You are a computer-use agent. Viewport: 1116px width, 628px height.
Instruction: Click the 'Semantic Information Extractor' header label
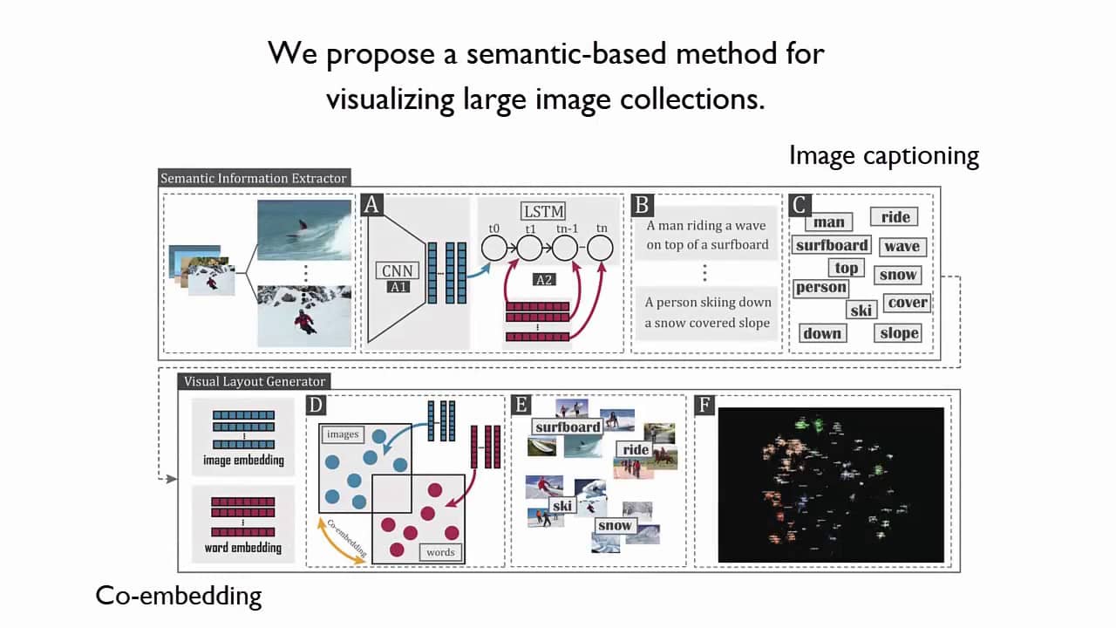(x=254, y=178)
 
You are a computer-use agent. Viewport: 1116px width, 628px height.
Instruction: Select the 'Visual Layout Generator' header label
(x=255, y=381)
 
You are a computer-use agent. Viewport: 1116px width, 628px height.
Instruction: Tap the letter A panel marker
(x=372, y=205)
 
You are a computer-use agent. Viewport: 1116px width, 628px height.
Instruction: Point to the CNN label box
(x=396, y=270)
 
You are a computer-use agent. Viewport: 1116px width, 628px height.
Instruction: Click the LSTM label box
(x=543, y=211)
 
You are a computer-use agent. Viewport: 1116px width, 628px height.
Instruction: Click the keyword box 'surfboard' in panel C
(x=832, y=245)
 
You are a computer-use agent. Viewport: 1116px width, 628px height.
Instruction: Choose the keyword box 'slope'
(x=899, y=332)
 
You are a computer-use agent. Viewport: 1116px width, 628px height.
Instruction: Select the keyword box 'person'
(x=820, y=287)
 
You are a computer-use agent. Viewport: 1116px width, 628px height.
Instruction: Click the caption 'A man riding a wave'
(x=706, y=225)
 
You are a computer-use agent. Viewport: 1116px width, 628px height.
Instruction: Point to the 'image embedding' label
(x=243, y=460)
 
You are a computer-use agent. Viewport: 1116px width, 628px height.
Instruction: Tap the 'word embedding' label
(x=243, y=548)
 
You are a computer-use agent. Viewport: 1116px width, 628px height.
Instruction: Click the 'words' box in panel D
(x=440, y=552)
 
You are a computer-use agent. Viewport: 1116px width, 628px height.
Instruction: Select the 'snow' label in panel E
(x=615, y=525)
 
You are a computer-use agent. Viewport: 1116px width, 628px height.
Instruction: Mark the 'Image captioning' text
(x=884, y=155)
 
